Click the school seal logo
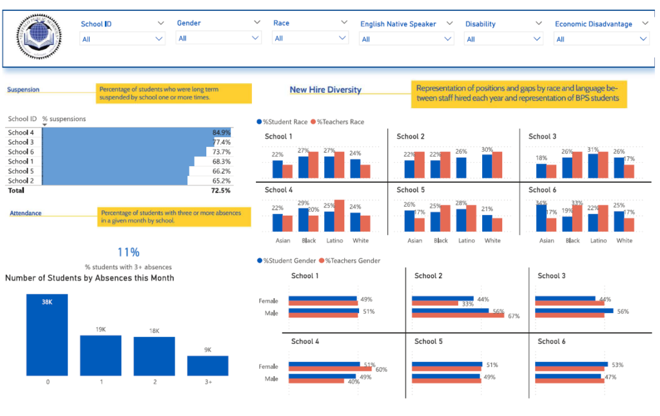pyautogui.click(x=39, y=39)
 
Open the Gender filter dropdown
pyautogui.click(x=218, y=39)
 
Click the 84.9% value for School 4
pyautogui.click(x=221, y=133)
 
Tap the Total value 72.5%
pyautogui.click(x=220, y=191)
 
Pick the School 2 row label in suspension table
pyautogui.click(x=21, y=181)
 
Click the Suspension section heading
pyautogui.click(x=23, y=90)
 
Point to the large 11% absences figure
pyautogui.click(x=128, y=252)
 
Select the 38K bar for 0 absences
pyautogui.click(x=47, y=335)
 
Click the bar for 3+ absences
pyautogui.click(x=208, y=365)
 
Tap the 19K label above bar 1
pyautogui.click(x=101, y=330)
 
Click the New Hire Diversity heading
pyautogui.click(x=325, y=90)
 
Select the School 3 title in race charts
pyautogui.click(x=542, y=137)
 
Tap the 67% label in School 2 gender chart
pyautogui.click(x=513, y=316)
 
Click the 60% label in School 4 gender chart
pyautogui.click(x=381, y=369)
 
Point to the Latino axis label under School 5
pyautogui.click(x=466, y=241)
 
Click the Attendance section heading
pyautogui.click(x=26, y=213)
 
